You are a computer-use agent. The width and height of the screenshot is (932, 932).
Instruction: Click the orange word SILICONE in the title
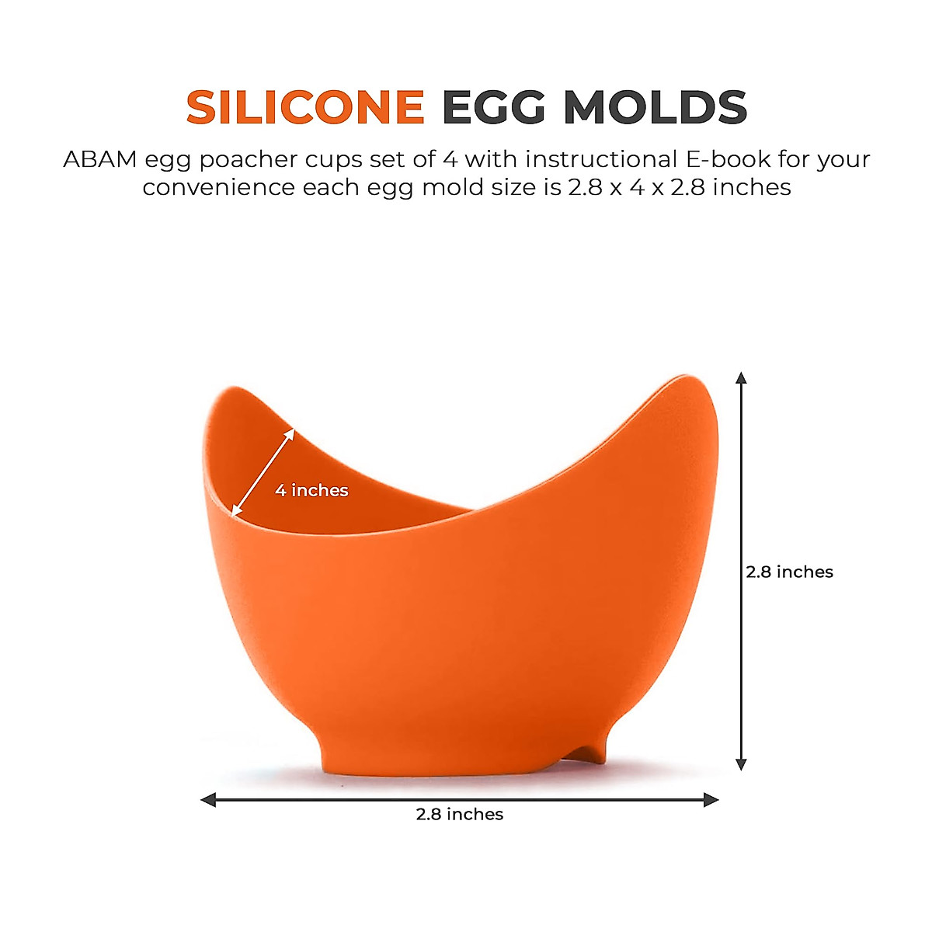point(305,107)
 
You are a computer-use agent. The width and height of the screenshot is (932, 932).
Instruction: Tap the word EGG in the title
point(494,107)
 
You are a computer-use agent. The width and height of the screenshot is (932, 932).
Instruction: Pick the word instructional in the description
point(601,159)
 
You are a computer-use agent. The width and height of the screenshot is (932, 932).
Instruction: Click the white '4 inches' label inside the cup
point(311,490)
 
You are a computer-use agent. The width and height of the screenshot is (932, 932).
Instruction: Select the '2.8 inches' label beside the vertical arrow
point(789,572)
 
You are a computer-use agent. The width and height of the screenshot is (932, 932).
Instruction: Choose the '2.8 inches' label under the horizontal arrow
point(460,814)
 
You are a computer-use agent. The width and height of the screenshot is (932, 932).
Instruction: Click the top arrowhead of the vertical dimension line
point(741,378)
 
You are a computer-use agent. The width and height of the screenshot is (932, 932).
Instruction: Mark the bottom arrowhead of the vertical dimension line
point(741,763)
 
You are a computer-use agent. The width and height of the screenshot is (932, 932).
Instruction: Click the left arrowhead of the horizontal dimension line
point(207,799)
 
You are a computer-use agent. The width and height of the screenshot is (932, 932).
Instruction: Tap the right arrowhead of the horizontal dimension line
point(711,799)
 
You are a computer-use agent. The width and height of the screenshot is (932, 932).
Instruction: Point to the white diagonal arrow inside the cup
point(263,471)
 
